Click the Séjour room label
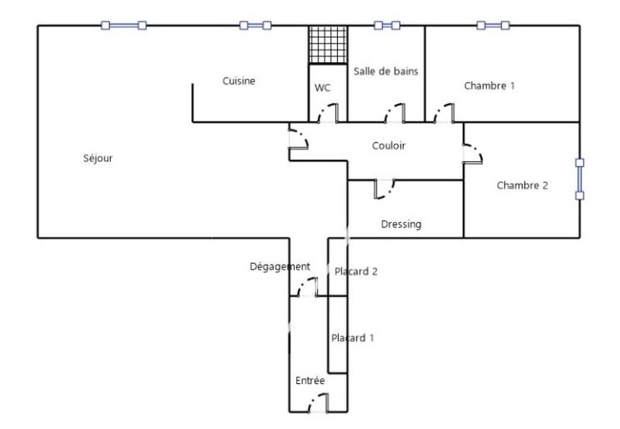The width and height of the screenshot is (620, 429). point(98,158)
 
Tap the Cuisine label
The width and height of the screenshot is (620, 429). point(239,81)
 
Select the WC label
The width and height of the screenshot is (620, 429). point(322,88)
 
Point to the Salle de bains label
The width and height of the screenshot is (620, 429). point(386,71)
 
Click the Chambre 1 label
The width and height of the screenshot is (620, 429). point(489,85)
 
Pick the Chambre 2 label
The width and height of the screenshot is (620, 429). point(522,185)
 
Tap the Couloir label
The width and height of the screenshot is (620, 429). point(388,145)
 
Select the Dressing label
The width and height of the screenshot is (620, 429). point(401,224)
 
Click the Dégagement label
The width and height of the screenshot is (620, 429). point(280,266)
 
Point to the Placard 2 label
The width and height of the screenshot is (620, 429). point(356,271)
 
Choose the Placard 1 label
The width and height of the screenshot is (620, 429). point(353,338)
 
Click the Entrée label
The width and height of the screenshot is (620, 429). point(310,381)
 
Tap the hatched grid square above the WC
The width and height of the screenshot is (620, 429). point(327,46)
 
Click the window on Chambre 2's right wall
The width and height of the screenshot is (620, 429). point(580,179)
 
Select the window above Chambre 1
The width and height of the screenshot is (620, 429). point(493,26)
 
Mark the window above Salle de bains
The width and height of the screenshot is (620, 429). point(387,26)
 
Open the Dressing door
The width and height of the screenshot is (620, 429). point(385,189)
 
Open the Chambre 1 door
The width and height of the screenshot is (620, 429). point(444,114)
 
